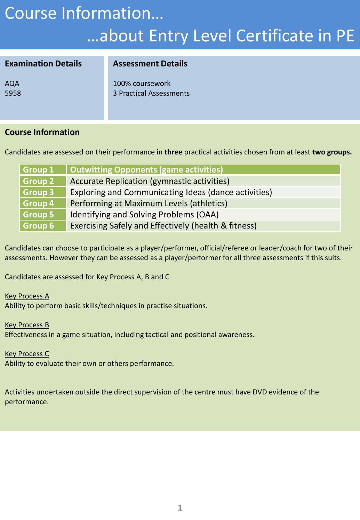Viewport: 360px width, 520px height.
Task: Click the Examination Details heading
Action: (x=43, y=64)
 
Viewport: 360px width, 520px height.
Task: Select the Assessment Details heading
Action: (x=150, y=64)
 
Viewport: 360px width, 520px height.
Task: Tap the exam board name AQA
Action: (x=12, y=83)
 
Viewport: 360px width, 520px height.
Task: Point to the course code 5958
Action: (x=13, y=93)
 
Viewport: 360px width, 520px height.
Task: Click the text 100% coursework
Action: (x=142, y=83)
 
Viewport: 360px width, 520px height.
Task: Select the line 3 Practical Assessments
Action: (x=151, y=93)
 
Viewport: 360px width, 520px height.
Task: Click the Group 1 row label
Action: (x=39, y=170)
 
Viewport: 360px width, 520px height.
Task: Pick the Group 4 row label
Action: (x=39, y=203)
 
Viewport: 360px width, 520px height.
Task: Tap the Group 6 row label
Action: (x=39, y=226)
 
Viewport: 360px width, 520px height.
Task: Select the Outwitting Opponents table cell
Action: (x=146, y=170)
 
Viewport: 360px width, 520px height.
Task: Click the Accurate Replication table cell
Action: (x=150, y=181)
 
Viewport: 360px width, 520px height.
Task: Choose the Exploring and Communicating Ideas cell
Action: (x=171, y=192)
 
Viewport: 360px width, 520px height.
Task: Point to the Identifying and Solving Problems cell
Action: (x=144, y=215)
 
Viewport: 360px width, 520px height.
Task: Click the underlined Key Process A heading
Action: (x=27, y=296)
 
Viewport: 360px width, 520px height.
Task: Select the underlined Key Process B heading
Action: (x=27, y=325)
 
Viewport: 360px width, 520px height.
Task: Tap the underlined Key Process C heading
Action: (x=27, y=354)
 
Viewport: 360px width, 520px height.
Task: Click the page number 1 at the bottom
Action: (x=180, y=508)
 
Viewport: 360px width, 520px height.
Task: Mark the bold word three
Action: (x=173, y=152)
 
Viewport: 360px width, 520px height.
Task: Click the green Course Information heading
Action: (x=42, y=132)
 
